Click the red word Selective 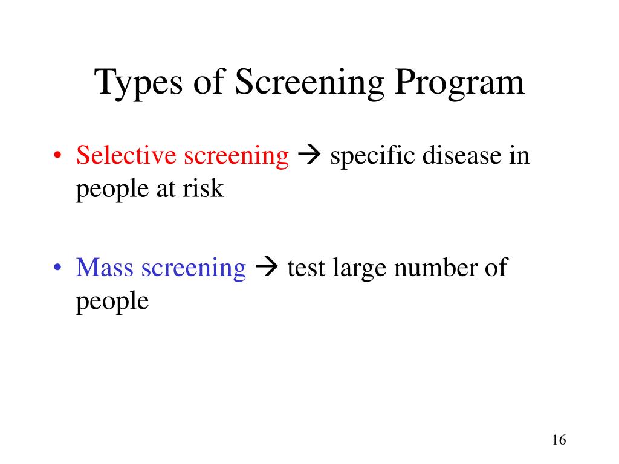click(x=127, y=155)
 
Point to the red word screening click(x=236, y=156)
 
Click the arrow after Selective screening click(x=309, y=156)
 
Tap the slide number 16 click(x=559, y=440)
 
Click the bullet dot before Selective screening click(x=57, y=156)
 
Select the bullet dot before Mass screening click(x=57, y=268)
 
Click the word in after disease click(x=520, y=155)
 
